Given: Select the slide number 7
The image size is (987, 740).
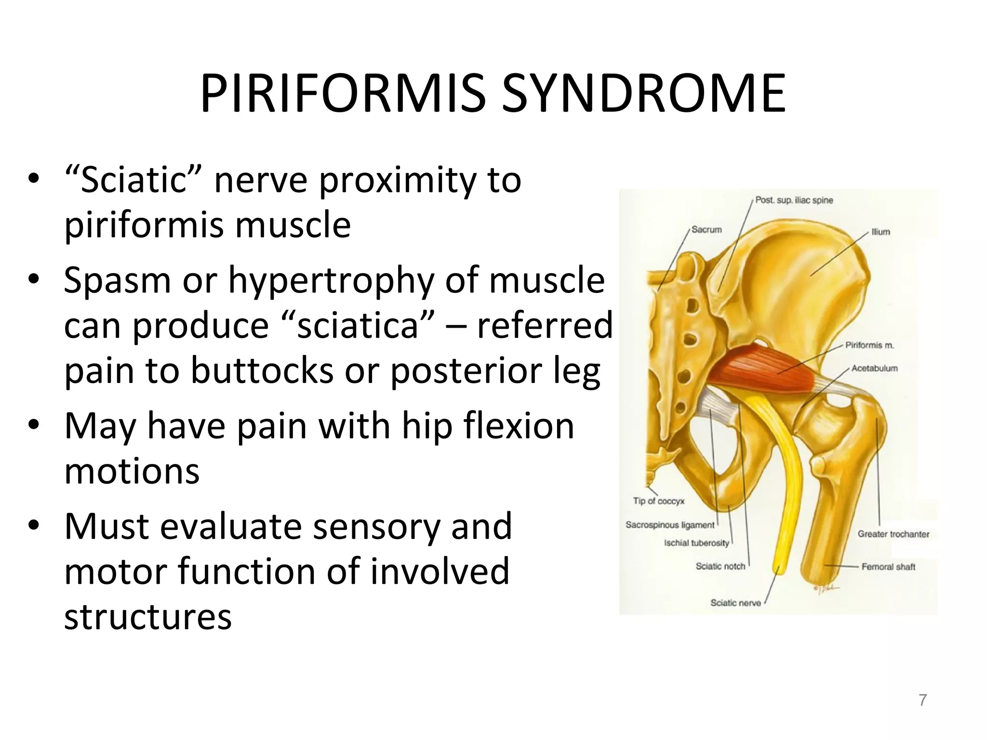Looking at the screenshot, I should tap(922, 700).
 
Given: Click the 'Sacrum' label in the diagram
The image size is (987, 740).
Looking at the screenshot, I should tap(707, 230).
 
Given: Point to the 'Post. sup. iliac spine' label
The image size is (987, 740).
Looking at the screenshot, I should tap(794, 200).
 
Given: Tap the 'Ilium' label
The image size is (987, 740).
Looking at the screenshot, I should tap(880, 232).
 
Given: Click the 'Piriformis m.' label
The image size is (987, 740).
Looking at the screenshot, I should tap(869, 345).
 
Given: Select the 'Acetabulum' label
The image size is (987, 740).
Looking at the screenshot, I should tap(874, 369).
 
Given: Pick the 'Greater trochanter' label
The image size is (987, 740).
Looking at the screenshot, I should tap(893, 534).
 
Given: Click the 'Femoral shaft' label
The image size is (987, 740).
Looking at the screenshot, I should tap(888, 567).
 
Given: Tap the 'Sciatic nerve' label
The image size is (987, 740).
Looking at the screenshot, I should tap(735, 603).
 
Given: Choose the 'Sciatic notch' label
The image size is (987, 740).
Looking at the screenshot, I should tap(720, 566).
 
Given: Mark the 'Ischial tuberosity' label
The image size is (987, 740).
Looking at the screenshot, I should tap(696, 543).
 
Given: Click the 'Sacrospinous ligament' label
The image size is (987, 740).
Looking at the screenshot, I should tap(670, 525).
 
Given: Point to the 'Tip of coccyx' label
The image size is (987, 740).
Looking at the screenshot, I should tap(658, 501).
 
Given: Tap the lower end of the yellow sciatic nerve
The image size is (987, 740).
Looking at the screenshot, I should tap(777, 568).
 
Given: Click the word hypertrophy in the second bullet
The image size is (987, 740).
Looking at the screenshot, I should tap(331, 281).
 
